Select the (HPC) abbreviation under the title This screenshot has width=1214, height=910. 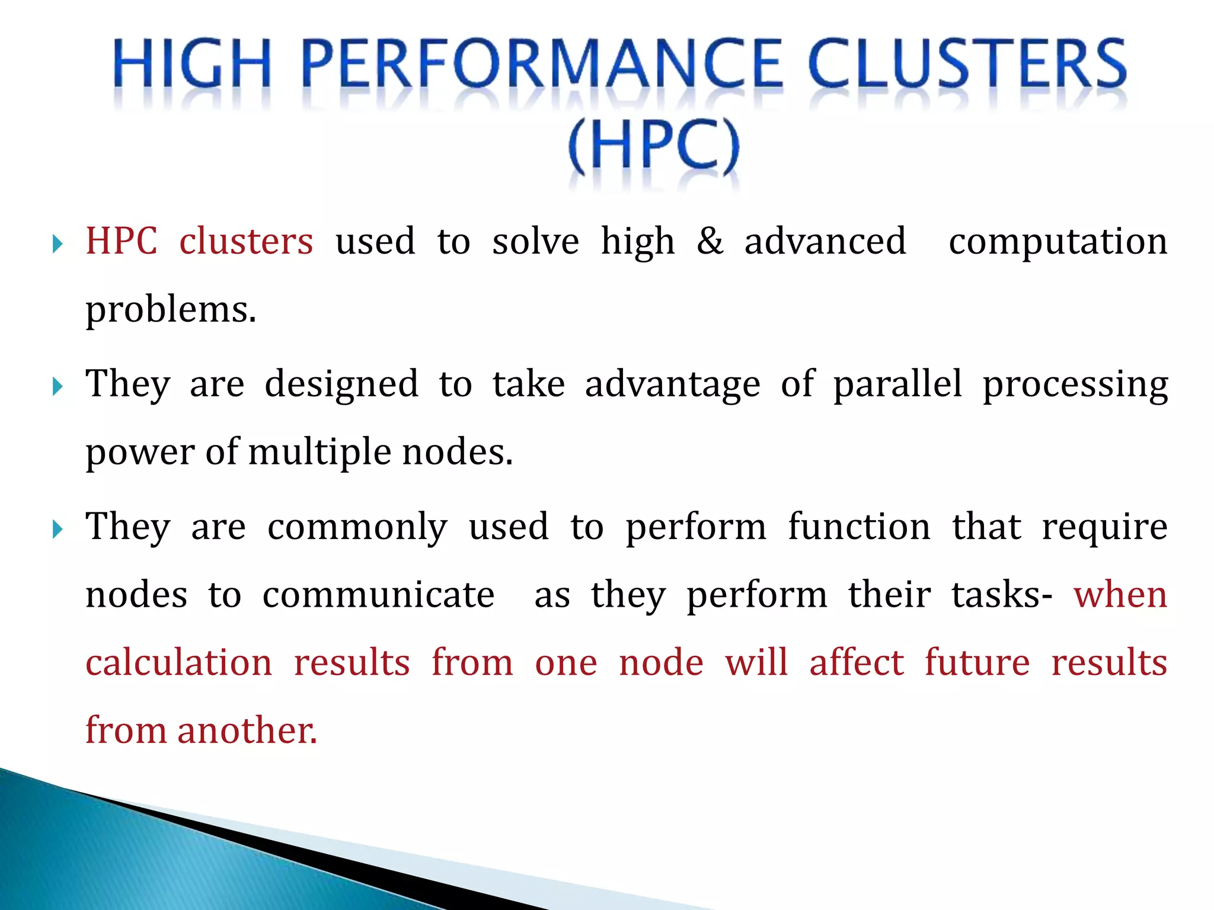pos(654,146)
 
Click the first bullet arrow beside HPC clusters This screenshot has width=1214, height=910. pos(57,243)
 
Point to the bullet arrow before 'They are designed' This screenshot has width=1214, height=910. pos(57,387)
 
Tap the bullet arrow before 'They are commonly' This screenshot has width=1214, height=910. pos(57,529)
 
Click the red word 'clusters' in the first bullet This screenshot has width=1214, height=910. pos(246,242)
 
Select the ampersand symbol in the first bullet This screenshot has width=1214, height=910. pos(710,242)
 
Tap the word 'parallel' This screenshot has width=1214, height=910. pos(897,384)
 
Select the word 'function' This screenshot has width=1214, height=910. pos(859,527)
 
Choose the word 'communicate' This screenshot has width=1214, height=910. pos(378,595)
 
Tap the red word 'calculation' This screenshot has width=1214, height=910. pos(178,662)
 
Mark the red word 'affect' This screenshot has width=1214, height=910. pos(857,662)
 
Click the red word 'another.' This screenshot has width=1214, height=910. pos(247,730)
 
